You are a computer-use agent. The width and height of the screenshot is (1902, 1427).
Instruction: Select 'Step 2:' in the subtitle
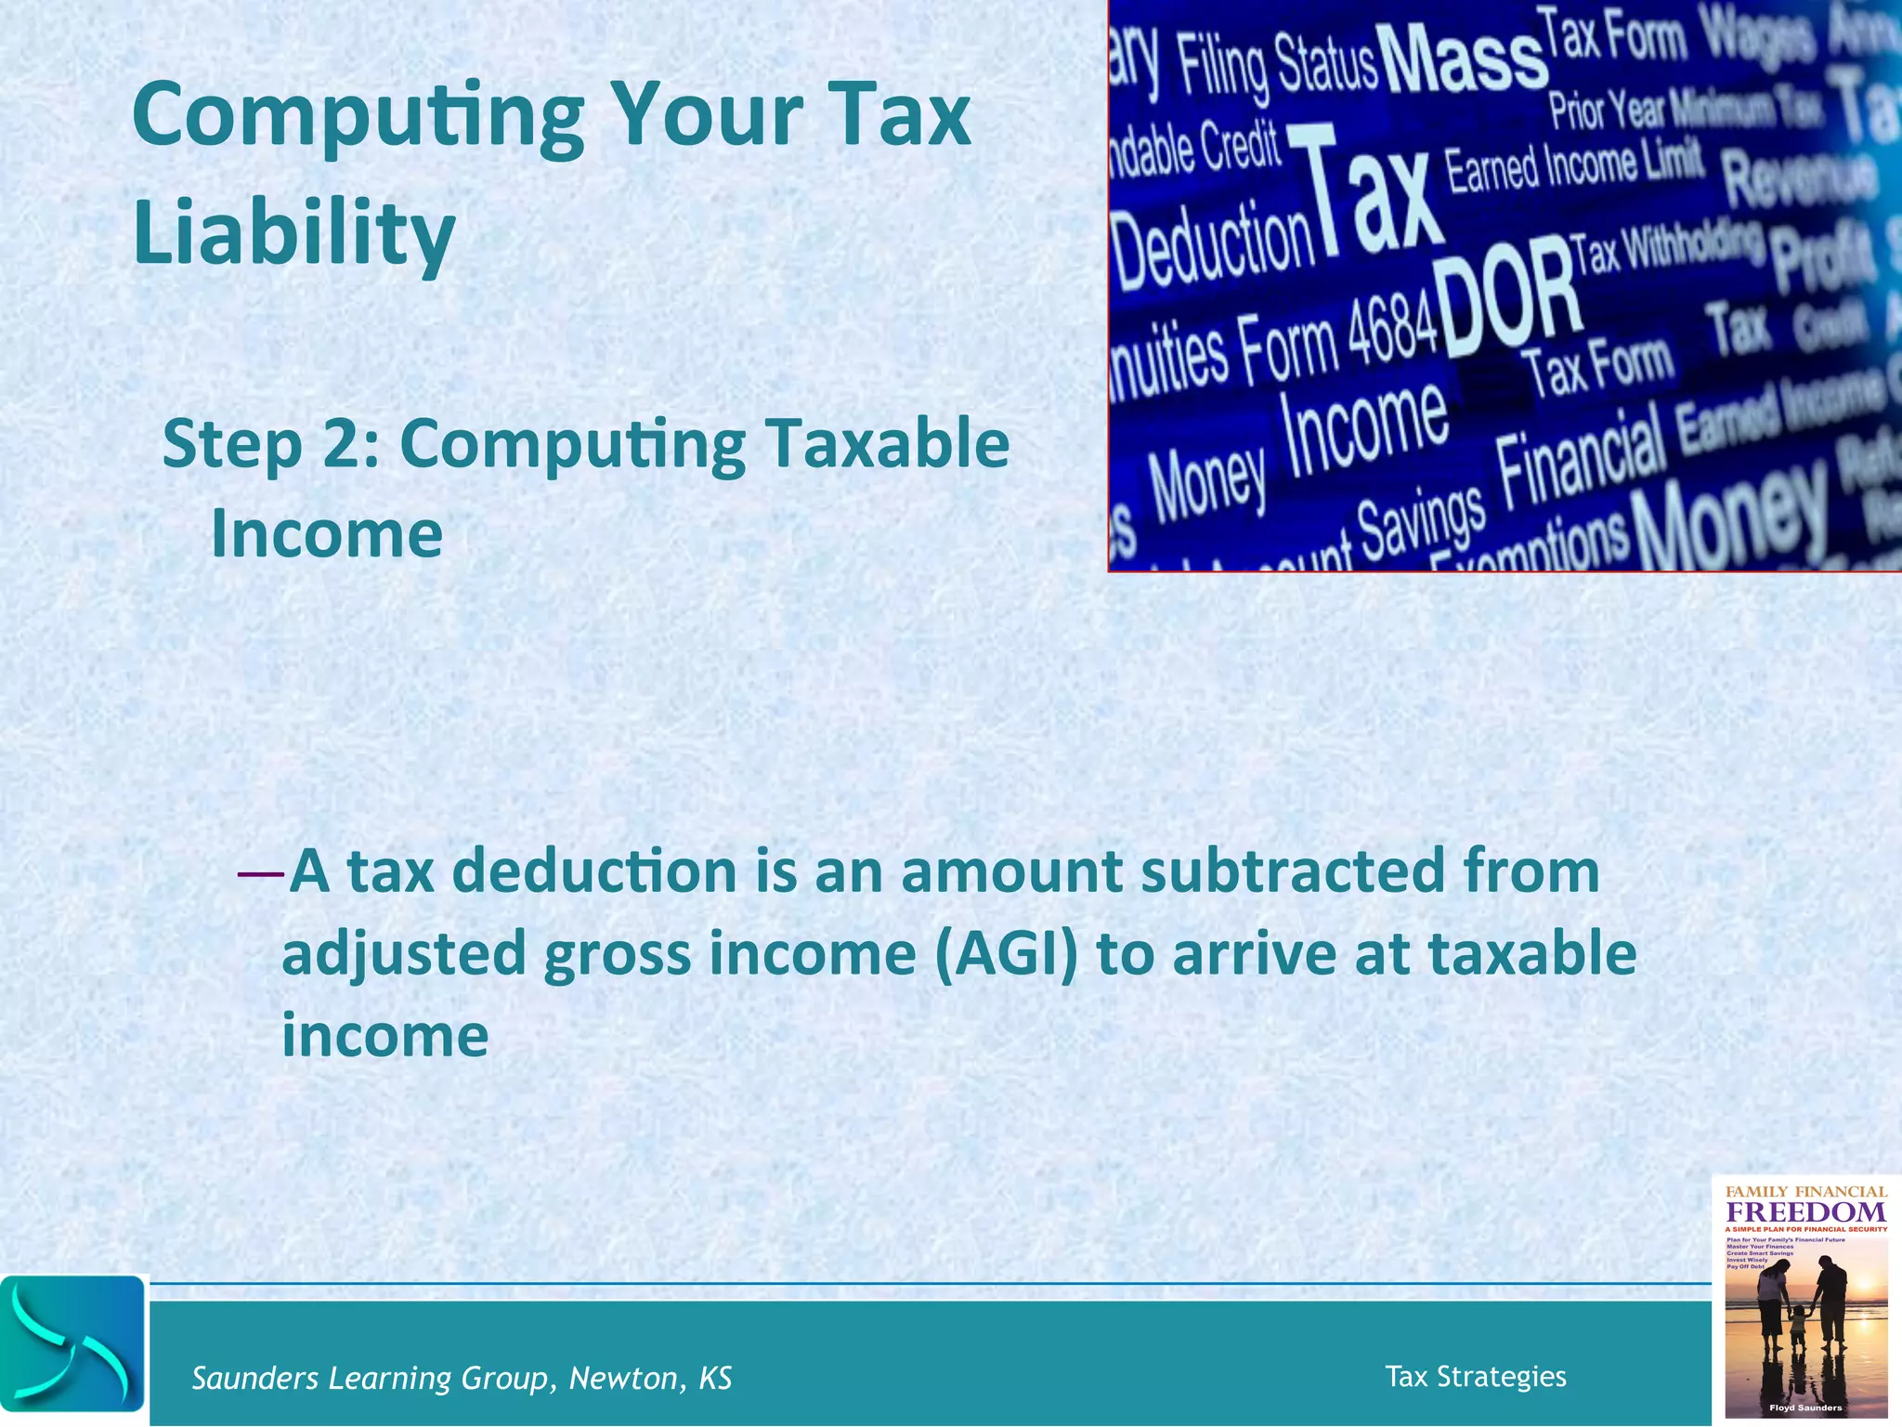270,444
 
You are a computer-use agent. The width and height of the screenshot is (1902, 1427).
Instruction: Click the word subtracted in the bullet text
1292,871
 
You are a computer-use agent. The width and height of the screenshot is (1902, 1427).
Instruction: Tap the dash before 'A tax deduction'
260,873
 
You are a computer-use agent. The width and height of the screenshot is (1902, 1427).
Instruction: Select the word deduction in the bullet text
595,871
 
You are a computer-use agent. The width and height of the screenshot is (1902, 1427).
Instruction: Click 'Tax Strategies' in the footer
1475,1376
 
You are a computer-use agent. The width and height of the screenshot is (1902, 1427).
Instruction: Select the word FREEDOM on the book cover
1805,1212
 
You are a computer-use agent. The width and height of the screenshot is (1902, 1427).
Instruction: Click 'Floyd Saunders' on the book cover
1805,1407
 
